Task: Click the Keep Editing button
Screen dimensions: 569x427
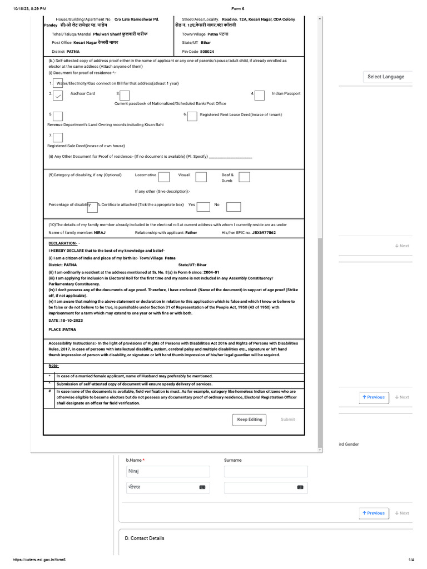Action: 250,420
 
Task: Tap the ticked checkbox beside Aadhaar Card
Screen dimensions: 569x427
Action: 58,96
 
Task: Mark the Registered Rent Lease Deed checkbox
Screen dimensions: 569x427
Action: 192,116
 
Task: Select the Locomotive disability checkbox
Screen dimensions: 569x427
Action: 164,177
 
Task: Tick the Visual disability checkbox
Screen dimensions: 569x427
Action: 201,177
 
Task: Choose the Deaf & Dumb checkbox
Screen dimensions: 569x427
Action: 244,177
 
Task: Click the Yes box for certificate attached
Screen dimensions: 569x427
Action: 203,206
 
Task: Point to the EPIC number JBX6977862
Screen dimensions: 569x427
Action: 264,233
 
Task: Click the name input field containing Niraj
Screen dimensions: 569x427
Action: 168,471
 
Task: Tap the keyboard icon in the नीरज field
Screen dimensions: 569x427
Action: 202,487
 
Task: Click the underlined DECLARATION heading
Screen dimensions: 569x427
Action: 63,243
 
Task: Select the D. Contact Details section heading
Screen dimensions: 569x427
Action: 145,538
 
